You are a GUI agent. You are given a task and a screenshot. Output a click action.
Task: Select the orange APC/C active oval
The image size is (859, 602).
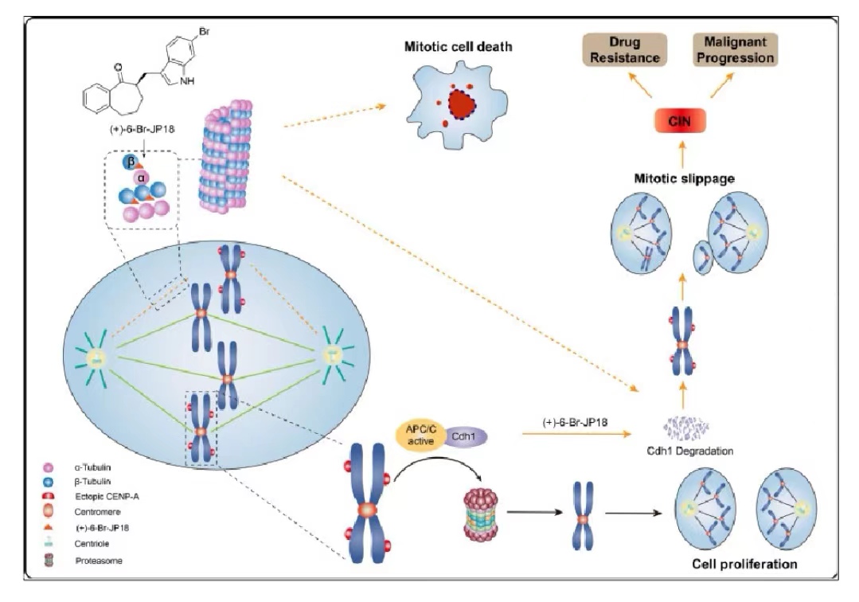coord(420,436)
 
